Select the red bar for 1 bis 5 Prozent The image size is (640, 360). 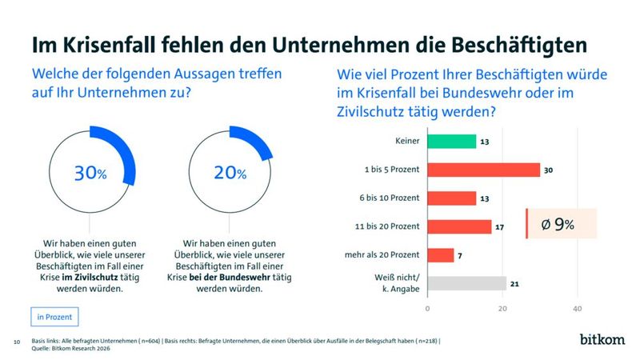(483, 170)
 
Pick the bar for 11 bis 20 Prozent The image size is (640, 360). (459, 227)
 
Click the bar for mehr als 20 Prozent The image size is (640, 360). (440, 255)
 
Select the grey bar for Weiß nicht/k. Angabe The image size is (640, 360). (466, 283)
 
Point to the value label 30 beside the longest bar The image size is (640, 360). (549, 170)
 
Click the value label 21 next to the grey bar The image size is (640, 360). (515, 283)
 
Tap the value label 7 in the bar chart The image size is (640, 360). (461, 255)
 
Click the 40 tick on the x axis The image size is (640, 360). (577, 308)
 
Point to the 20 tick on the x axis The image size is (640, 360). (502, 308)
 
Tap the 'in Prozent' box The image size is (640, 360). (54, 317)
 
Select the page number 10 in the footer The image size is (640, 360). (17, 342)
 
